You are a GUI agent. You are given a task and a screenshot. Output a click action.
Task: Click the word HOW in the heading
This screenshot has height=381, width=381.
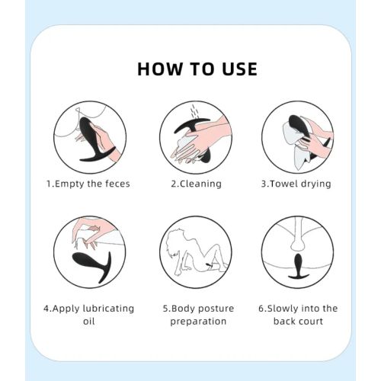160,69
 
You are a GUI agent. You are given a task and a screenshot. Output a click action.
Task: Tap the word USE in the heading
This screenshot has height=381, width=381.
240,69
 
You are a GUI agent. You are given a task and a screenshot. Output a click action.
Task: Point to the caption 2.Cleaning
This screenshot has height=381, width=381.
196,184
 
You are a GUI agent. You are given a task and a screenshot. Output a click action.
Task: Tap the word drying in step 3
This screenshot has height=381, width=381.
316,184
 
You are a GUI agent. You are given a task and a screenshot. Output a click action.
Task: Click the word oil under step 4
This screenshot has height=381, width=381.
89,321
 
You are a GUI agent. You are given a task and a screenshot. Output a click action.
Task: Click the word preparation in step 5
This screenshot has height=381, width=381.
198,322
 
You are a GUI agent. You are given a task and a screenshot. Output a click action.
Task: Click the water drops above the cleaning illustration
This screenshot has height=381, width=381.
194,111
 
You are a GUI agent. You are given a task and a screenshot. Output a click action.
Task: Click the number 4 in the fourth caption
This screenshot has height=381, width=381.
46,309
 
